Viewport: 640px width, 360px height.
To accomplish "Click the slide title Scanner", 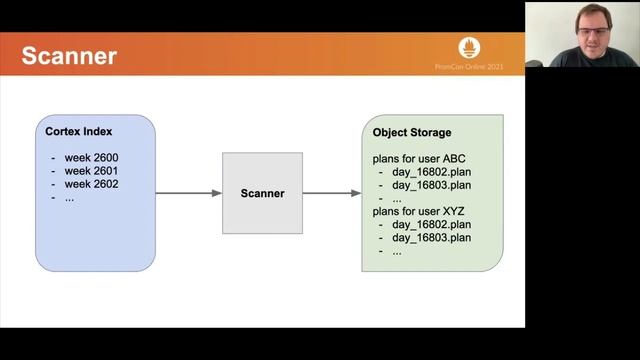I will [x=69, y=55].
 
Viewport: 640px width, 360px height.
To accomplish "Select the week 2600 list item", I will [x=91, y=158].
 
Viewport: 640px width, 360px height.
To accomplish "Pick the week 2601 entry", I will [x=91, y=171].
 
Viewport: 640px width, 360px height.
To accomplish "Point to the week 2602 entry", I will [x=91, y=184].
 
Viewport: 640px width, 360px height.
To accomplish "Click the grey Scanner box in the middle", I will [x=262, y=193].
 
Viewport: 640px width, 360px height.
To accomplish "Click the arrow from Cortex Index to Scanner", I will [x=189, y=193].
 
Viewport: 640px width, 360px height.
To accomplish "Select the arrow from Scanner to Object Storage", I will [x=332, y=193].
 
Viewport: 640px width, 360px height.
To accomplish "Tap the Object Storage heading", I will [x=411, y=132].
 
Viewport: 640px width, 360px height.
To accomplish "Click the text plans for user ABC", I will [x=419, y=159].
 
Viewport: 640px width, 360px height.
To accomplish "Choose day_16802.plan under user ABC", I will [x=431, y=172].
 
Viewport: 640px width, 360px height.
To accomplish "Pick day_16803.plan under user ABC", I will [x=431, y=185].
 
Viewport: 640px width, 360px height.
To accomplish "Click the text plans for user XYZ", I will [x=419, y=211].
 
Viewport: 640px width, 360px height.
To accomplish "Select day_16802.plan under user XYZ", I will [x=431, y=224].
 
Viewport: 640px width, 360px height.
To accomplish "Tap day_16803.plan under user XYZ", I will [x=431, y=237].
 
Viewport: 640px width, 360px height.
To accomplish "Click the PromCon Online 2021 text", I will [x=470, y=67].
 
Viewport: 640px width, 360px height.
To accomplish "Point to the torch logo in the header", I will [x=470, y=47].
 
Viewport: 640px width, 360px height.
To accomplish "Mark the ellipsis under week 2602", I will [x=70, y=197].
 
